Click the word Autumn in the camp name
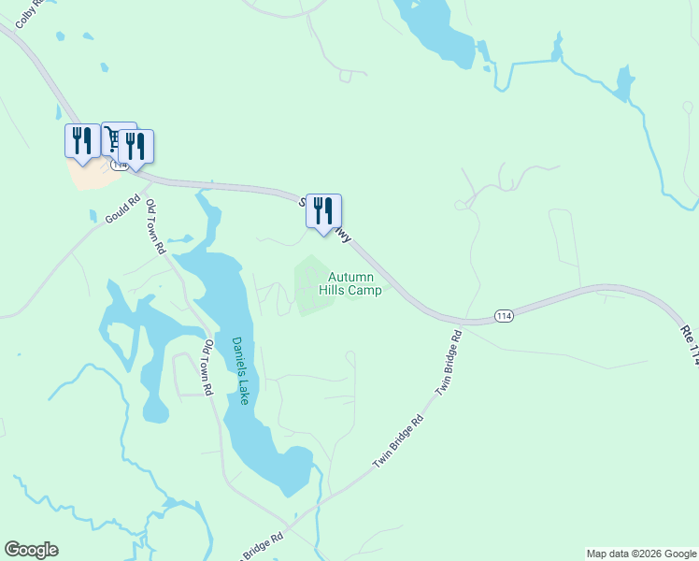350,278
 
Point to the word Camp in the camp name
364,291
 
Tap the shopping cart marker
115,138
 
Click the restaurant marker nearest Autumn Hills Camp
323,210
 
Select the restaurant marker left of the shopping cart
82,140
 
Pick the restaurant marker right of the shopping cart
137,146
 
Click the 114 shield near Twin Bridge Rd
504,316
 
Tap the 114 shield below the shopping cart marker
119,165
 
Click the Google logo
31,550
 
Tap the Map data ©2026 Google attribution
641,554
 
